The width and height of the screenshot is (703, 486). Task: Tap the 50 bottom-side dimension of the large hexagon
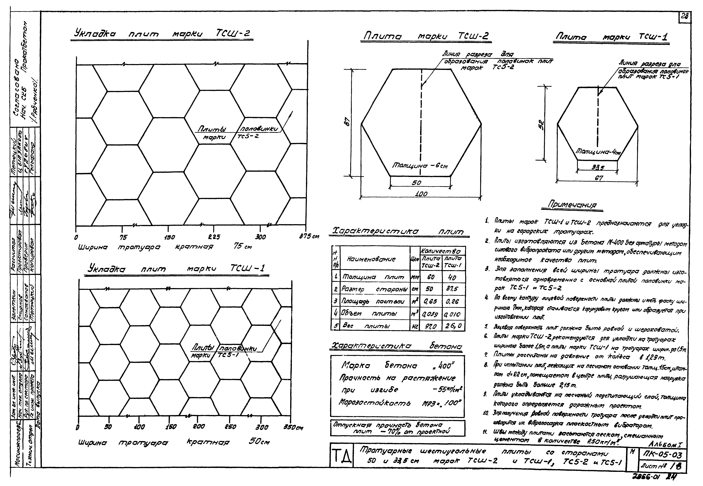click(x=416, y=183)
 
